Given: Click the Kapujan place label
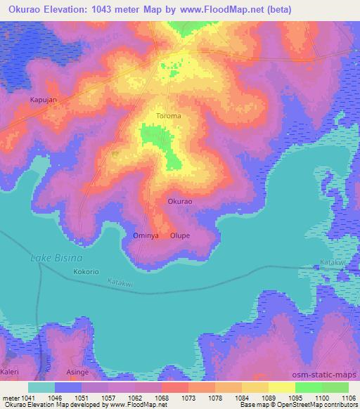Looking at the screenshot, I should tap(43, 100).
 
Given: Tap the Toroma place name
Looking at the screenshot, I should tap(168, 115).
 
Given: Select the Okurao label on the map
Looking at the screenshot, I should tap(180, 201).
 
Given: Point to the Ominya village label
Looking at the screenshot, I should tap(146, 235).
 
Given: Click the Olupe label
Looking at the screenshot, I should tap(179, 235).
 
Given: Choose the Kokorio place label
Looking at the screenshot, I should tap(87, 270).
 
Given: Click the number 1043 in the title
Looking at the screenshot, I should tap(111, 10).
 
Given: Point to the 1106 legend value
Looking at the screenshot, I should tap(347, 397).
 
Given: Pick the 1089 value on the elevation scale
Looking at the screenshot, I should tap(268, 397).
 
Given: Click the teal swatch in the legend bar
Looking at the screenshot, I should tap(41, 387).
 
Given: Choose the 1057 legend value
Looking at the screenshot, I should tap(108, 397).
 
